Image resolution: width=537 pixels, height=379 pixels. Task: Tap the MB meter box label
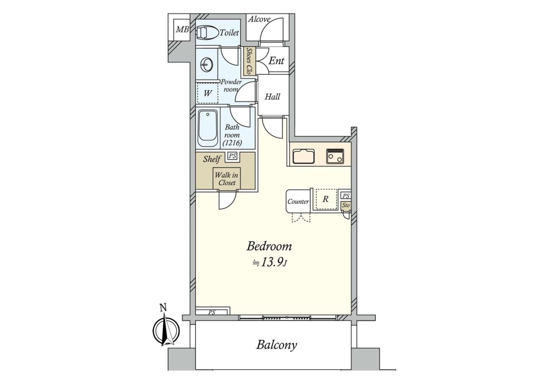182,29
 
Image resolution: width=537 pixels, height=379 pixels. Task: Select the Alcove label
259,19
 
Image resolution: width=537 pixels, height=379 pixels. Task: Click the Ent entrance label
276,61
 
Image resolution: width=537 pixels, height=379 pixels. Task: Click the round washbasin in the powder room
207,65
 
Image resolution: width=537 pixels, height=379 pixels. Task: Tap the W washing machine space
207,93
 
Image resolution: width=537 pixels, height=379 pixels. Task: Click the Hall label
272,97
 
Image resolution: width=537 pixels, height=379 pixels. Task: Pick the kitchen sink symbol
303,157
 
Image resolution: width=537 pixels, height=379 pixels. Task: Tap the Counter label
298,202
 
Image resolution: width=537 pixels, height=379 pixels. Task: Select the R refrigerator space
326,199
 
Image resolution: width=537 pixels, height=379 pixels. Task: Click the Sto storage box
346,205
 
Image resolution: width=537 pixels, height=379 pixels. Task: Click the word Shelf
212,159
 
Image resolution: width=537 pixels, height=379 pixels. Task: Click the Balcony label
277,345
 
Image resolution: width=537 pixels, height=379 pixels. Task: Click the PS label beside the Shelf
232,156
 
